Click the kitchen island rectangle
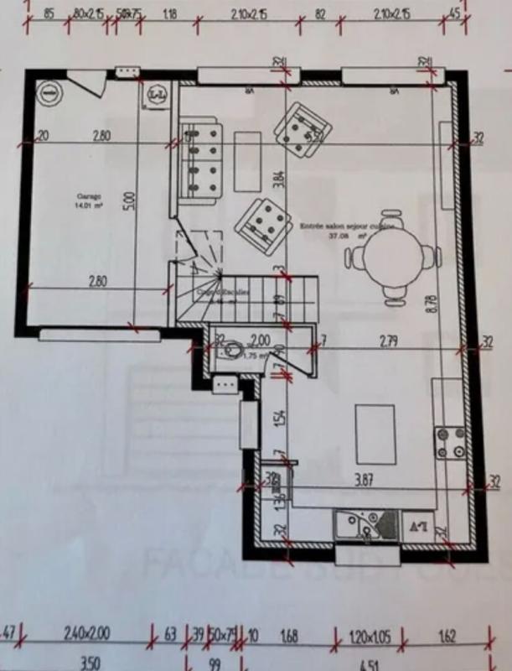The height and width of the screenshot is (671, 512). [375, 434]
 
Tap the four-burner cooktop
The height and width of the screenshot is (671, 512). [450, 443]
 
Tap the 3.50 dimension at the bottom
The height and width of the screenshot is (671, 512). [89, 663]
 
